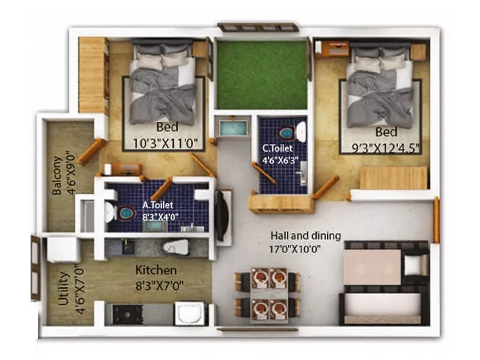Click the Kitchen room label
coord(155,270)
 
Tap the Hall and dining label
coord(305,235)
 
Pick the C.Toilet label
coord(277,148)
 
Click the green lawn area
coord(262,74)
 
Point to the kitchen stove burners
coord(128,314)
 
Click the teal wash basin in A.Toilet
coord(125,212)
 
